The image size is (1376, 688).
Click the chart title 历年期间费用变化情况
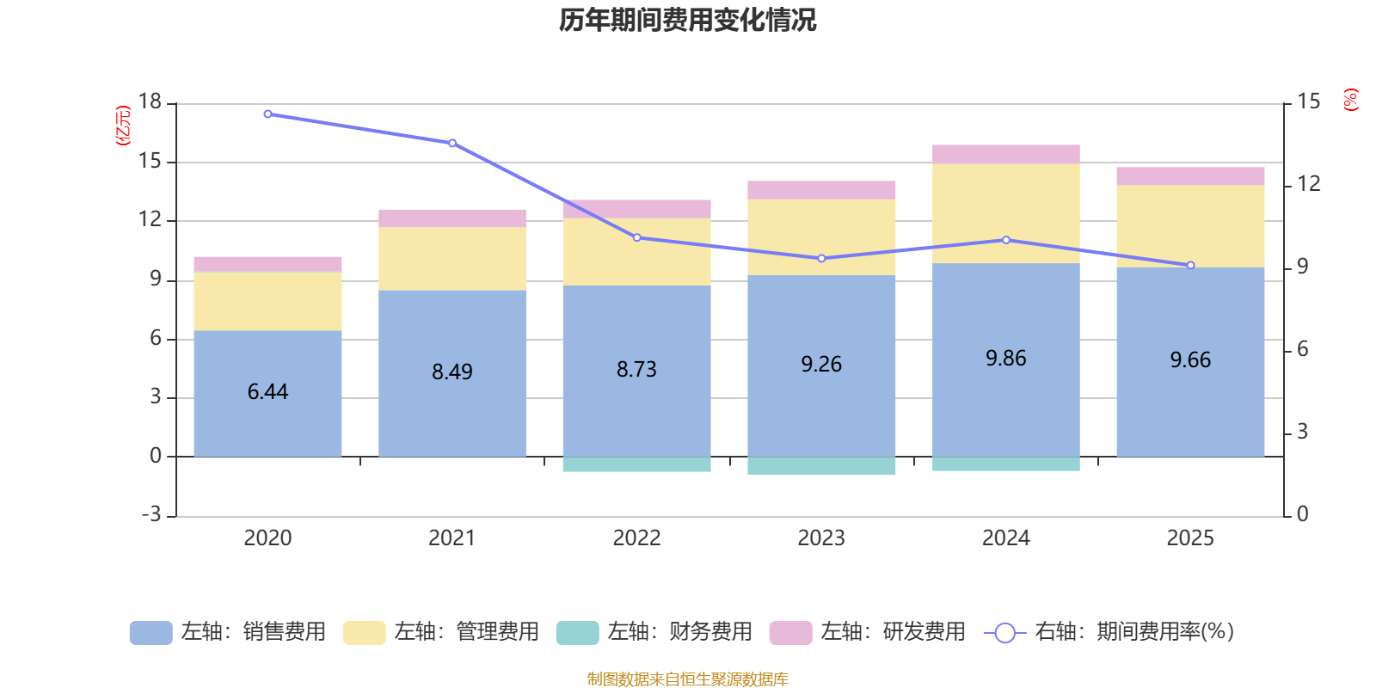pyautogui.click(x=687, y=20)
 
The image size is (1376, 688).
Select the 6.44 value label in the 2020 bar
pyautogui.click(x=267, y=392)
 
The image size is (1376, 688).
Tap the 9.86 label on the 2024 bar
pyautogui.click(x=1005, y=359)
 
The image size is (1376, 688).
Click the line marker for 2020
pyautogui.click(x=267, y=114)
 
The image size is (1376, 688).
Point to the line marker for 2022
pyautogui.click(x=636, y=237)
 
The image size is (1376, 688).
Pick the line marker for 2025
pyautogui.click(x=1190, y=266)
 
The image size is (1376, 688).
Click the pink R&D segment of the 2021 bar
pyautogui.click(x=452, y=218)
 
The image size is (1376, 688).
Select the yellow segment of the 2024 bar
pyautogui.click(x=1005, y=213)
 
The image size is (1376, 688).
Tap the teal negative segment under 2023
pyautogui.click(x=821, y=465)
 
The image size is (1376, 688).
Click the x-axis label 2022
pyautogui.click(x=636, y=538)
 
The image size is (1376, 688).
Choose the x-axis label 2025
pyautogui.click(x=1190, y=538)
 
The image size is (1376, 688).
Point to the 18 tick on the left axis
pyautogui.click(x=150, y=101)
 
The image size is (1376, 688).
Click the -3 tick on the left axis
pyautogui.click(x=151, y=514)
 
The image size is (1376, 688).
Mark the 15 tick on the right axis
pyautogui.click(x=1308, y=101)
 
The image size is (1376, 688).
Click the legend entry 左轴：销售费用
pyautogui.click(x=228, y=632)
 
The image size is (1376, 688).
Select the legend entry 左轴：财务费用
pyautogui.click(x=654, y=632)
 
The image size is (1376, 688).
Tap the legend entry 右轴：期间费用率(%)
pyautogui.click(x=1109, y=632)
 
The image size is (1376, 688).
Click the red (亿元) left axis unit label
pyautogui.click(x=123, y=126)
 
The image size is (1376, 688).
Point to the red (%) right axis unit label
pyautogui.click(x=1351, y=100)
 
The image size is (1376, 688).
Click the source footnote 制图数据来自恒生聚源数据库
pyautogui.click(x=687, y=679)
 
